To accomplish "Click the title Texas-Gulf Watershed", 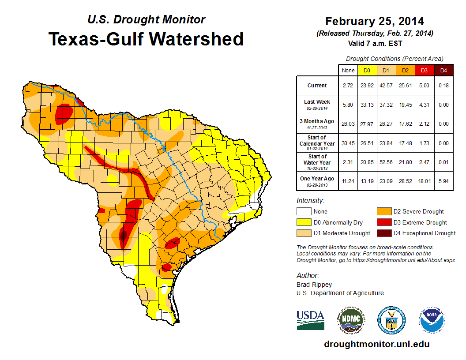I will [146, 39].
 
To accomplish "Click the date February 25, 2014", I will [375, 21].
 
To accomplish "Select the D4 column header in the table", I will [443, 70].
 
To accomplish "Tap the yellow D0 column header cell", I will [367, 70].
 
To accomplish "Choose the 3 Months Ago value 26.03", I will [347, 124].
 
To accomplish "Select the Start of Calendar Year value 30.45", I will [347, 143].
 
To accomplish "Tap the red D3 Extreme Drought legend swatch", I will [383, 222].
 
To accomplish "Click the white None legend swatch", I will [303, 212].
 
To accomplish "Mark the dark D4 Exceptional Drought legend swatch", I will [383, 233].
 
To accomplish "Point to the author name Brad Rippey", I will [314, 285].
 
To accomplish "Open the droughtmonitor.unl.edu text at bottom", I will [376, 344].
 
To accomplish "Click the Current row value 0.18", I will [443, 86].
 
